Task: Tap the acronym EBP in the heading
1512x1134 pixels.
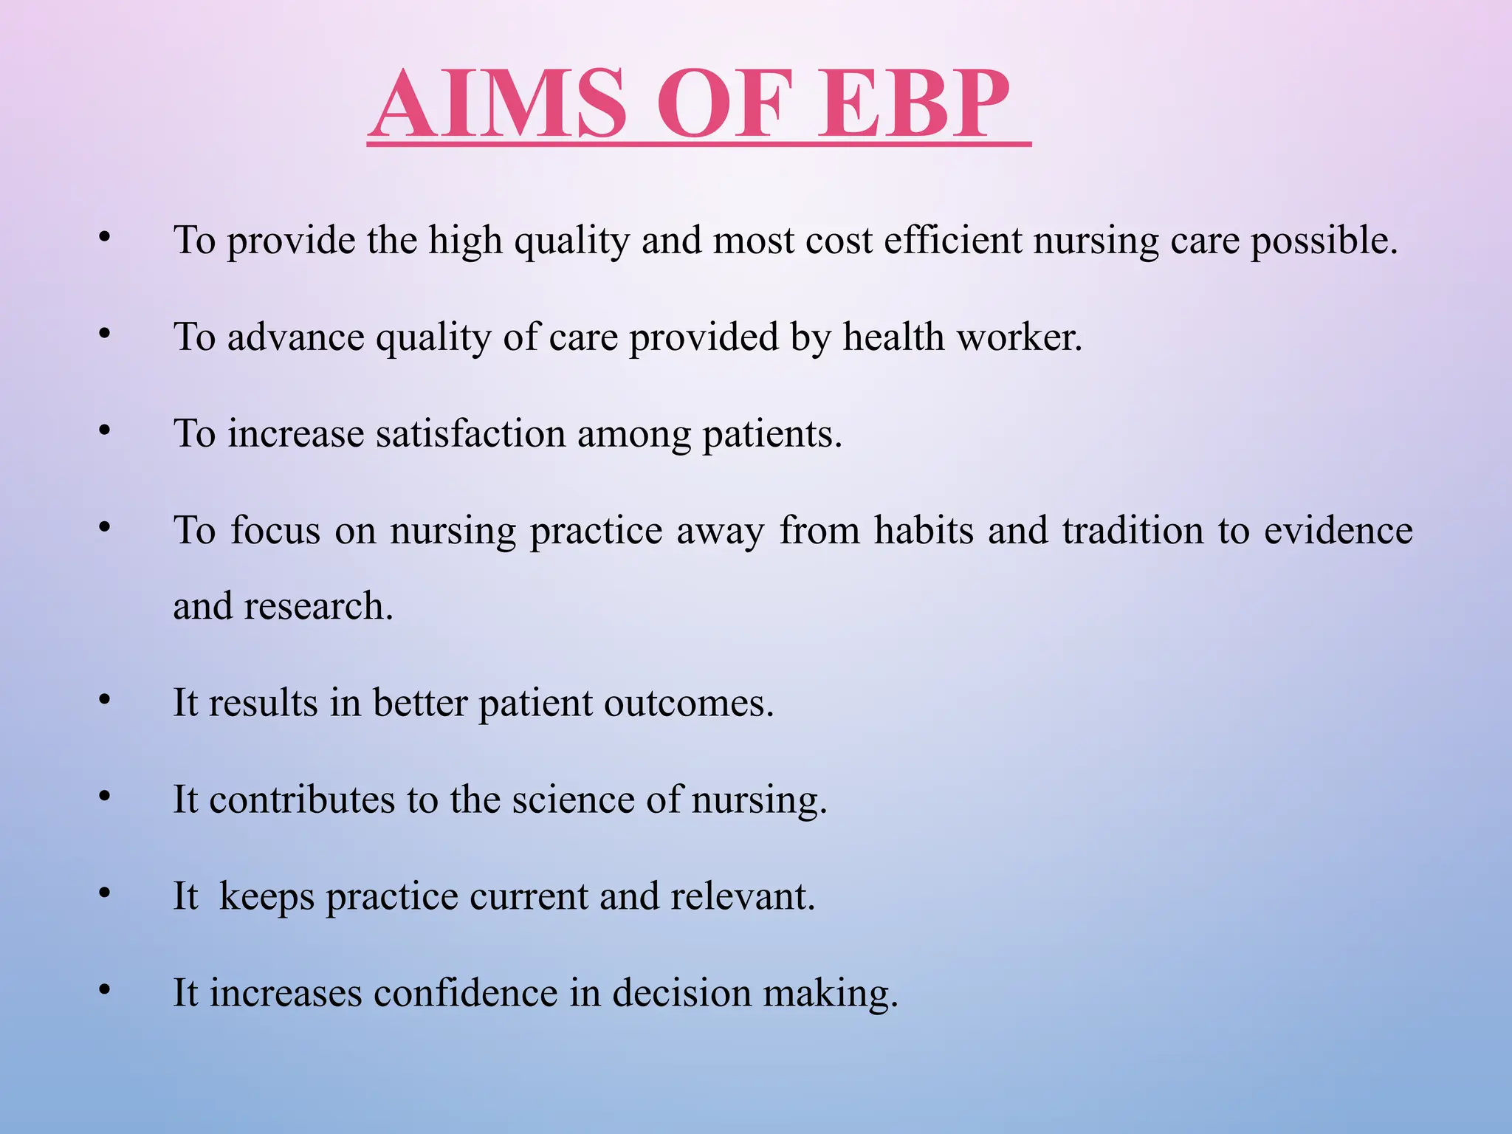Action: click(x=915, y=105)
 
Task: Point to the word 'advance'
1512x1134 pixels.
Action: click(x=295, y=337)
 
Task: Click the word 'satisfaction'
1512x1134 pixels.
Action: click(x=470, y=433)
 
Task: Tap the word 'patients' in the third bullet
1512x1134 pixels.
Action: click(x=771, y=435)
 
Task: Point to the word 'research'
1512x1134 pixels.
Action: click(x=317, y=606)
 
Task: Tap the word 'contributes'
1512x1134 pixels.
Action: click(x=302, y=800)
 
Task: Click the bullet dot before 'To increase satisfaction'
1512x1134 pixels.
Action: click(x=105, y=430)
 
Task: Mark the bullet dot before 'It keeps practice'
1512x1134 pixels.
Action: click(x=105, y=893)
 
